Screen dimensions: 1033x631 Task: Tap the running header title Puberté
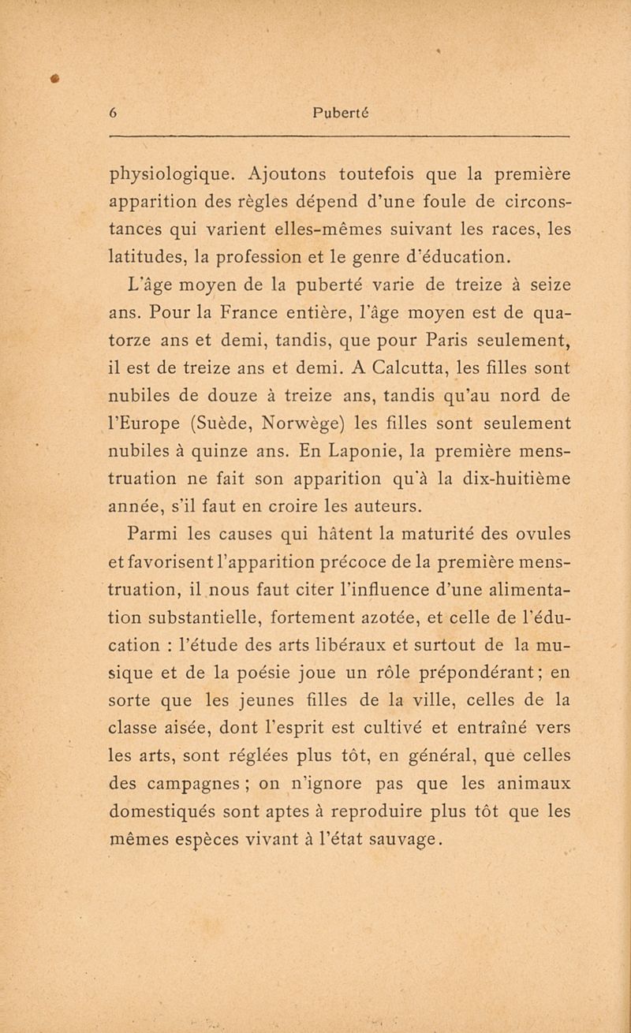341,112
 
